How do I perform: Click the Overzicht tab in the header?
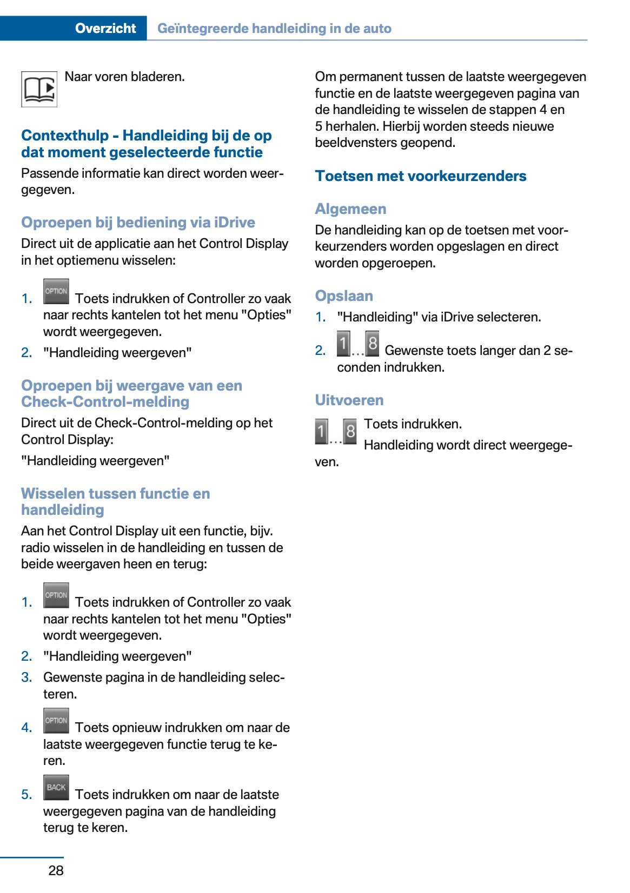click(x=105, y=28)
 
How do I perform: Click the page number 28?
click(x=56, y=870)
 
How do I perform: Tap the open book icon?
click(x=39, y=89)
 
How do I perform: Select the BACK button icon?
click(x=56, y=787)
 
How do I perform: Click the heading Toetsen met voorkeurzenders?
click(x=420, y=176)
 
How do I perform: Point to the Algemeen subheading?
click(x=350, y=209)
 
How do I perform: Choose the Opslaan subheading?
click(x=344, y=296)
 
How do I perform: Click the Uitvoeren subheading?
click(x=349, y=400)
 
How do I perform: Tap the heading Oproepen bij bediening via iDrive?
click(x=138, y=223)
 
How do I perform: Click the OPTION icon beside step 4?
click(x=56, y=721)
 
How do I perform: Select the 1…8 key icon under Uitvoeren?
click(x=336, y=432)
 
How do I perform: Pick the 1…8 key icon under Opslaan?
click(x=357, y=344)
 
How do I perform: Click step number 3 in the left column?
click(x=26, y=677)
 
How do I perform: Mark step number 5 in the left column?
click(x=26, y=795)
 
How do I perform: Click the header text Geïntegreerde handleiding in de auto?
click(x=274, y=28)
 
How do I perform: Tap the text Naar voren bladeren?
click(x=124, y=77)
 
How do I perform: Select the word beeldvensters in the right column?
click(x=352, y=143)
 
